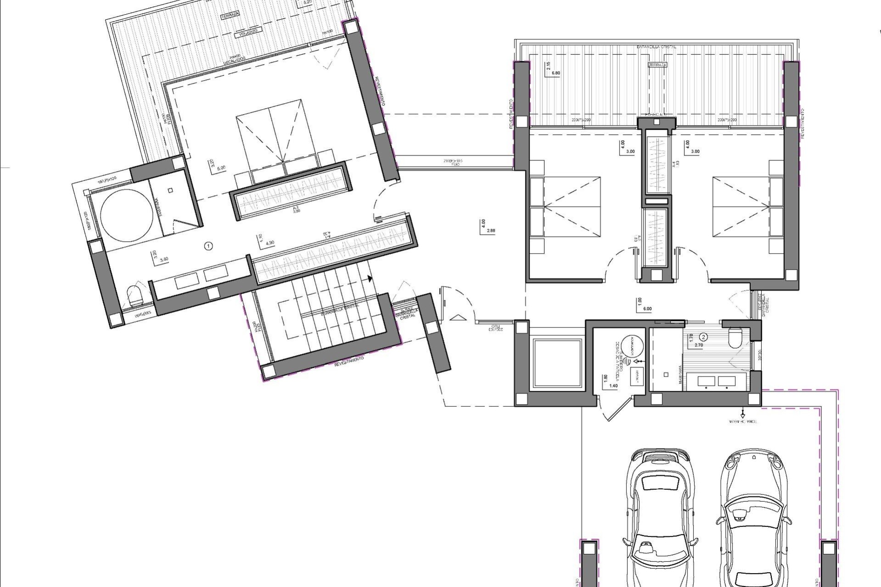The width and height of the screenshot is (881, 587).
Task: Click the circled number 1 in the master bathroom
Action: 208,246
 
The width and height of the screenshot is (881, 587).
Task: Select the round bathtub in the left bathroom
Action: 126,216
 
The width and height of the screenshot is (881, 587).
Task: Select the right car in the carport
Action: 753,518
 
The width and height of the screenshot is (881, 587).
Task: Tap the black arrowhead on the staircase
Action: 369,278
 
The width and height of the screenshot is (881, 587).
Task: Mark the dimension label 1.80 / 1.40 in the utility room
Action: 609,382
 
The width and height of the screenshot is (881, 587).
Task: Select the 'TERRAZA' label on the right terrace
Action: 657,65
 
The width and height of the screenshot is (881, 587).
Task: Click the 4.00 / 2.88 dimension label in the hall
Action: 487,227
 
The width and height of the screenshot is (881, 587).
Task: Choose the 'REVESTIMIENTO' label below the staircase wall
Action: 349,361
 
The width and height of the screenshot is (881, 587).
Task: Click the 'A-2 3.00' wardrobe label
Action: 296,209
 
